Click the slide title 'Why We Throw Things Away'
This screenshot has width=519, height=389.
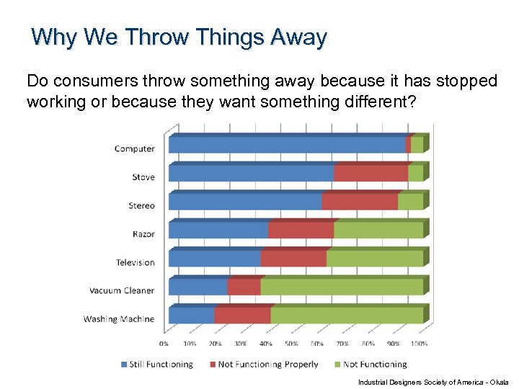point(179,37)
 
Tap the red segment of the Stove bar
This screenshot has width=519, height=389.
point(371,174)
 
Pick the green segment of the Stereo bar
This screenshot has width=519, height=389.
point(410,202)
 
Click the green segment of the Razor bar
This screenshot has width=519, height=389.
point(378,231)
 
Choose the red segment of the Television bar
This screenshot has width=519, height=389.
point(293,259)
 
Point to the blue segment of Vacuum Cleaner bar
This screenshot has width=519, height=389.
point(198,287)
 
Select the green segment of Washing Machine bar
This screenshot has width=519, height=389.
point(346,316)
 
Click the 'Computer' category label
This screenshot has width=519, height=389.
point(134,149)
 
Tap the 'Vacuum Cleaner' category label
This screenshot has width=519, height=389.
point(122,291)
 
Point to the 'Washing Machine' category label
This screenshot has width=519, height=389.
point(119,319)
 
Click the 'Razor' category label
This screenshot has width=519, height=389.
point(143,234)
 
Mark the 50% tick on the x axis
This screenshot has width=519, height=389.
point(291,344)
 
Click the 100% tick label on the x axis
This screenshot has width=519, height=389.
point(419,344)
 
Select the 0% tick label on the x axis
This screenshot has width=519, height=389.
point(164,344)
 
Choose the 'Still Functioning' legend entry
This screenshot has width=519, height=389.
point(156,365)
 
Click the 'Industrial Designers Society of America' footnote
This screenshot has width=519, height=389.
point(432,382)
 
